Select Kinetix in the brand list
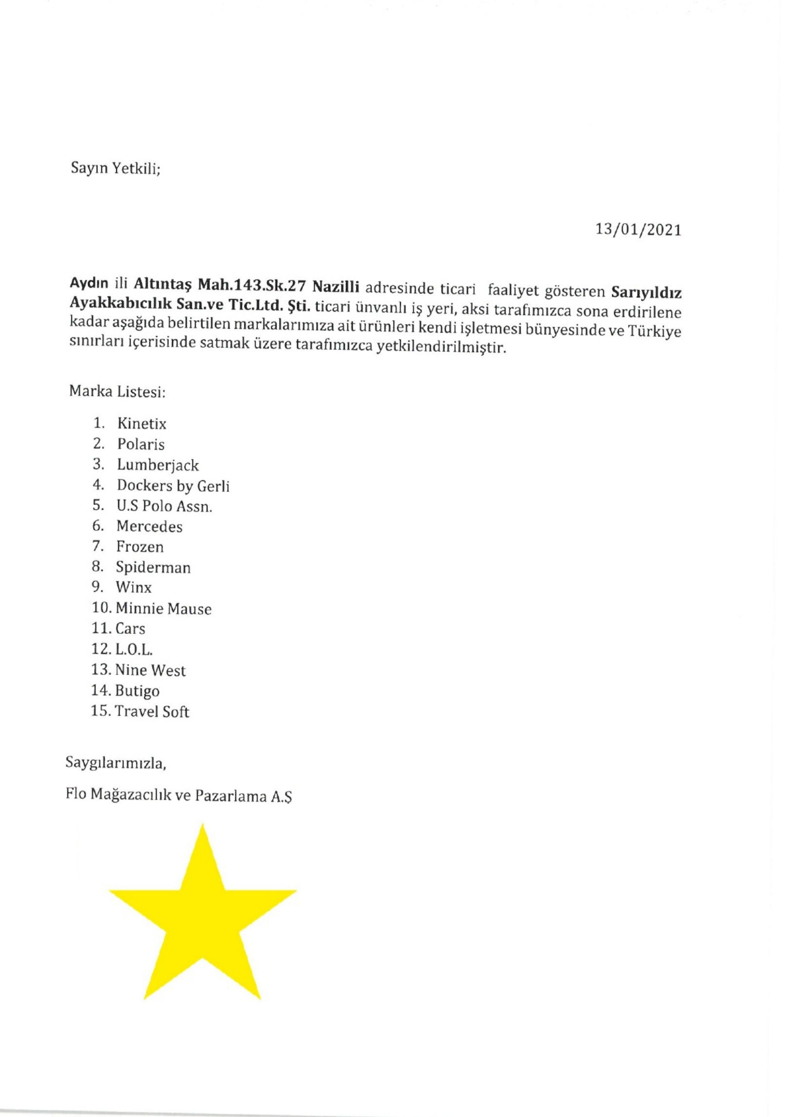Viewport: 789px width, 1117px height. point(142,424)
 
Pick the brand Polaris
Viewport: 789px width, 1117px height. point(141,444)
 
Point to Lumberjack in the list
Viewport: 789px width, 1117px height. point(158,465)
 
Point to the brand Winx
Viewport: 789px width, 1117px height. point(134,588)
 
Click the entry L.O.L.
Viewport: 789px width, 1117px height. point(134,650)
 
